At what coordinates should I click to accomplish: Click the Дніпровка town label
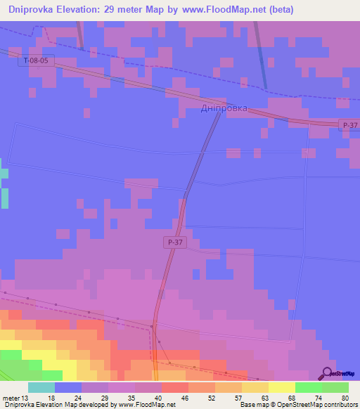(x=224, y=109)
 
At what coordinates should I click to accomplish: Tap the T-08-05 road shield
(x=36, y=61)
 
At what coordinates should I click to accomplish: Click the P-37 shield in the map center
(x=176, y=242)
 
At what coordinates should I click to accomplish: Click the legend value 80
(x=345, y=398)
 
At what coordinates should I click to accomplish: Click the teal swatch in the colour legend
(x=41, y=387)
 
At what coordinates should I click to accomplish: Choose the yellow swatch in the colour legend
(x=282, y=387)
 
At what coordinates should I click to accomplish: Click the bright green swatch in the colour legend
(x=309, y=387)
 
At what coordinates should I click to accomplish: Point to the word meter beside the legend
(x=11, y=398)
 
